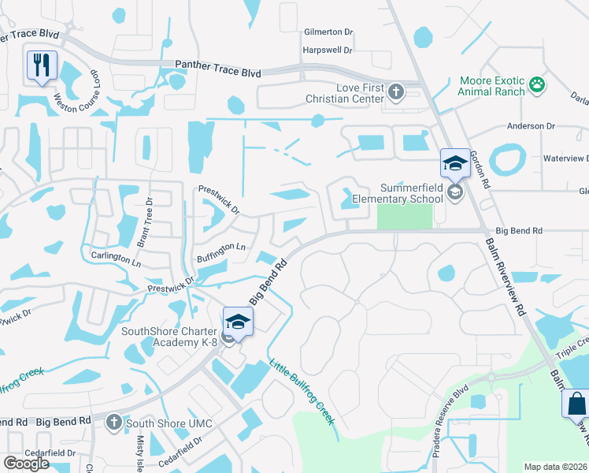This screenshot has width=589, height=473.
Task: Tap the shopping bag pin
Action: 576,404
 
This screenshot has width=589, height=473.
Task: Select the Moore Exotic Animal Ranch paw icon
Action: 538,85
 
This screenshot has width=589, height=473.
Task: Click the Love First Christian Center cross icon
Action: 395,92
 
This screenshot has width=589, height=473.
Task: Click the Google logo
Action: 26,464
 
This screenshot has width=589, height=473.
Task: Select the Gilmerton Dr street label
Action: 328,32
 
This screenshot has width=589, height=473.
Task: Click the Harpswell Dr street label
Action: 327,50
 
